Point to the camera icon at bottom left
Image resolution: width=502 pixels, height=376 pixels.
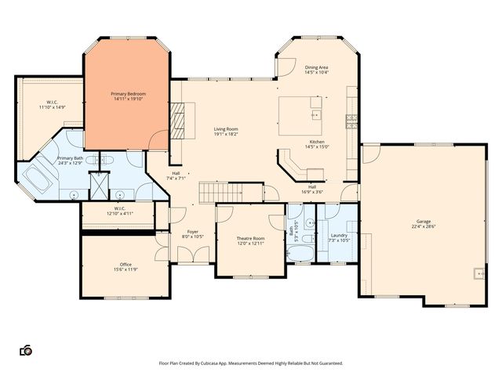[25, 350]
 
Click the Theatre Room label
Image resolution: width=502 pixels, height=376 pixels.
[250, 238]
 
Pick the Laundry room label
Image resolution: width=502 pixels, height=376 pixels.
[339, 235]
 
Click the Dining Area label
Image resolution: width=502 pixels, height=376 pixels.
[317, 67]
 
